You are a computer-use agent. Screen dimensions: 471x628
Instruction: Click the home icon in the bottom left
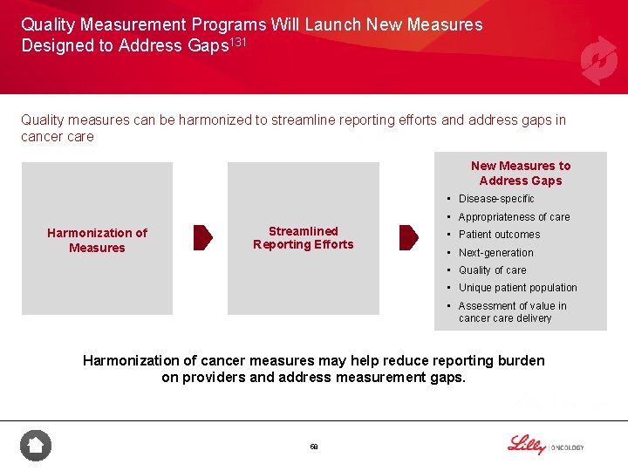tap(36, 446)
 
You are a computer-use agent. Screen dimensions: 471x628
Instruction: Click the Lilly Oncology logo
tap(545, 445)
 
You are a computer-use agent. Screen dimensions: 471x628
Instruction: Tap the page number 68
tap(314, 447)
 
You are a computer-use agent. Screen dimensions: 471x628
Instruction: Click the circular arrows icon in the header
tap(598, 60)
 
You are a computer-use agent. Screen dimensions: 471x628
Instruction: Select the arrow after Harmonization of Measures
tap(202, 237)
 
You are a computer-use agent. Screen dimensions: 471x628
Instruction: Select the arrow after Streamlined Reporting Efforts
tap(408, 237)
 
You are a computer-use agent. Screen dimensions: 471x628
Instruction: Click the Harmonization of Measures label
tap(97, 240)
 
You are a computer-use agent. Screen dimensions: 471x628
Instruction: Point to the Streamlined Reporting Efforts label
tap(303, 237)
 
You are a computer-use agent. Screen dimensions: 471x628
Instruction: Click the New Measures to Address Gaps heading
tap(520, 173)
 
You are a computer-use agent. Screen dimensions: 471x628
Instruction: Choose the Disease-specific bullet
tap(495, 199)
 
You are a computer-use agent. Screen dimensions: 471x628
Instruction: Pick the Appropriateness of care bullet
tap(514, 217)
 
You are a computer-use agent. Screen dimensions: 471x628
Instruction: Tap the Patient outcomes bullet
tap(499, 235)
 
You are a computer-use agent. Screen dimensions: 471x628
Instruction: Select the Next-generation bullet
tap(495, 253)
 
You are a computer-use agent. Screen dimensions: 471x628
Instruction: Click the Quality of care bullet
tap(493, 270)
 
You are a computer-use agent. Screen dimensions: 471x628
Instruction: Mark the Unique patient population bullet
tap(517, 288)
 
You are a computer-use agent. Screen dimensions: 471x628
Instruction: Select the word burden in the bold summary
tap(521, 360)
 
